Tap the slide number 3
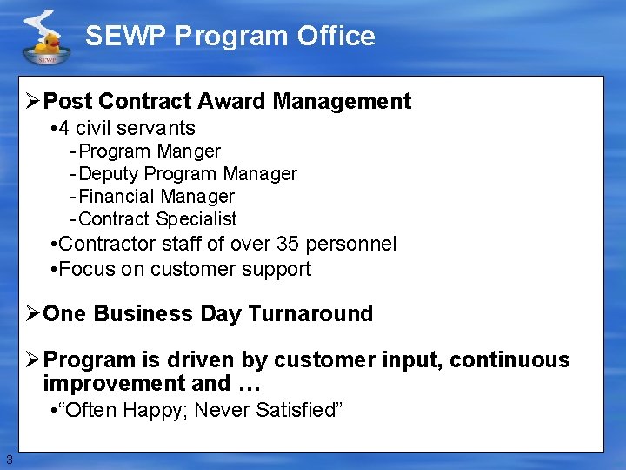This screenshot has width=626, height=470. click(9, 459)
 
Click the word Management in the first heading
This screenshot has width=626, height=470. click(342, 102)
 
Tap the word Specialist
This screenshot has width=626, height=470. click(196, 219)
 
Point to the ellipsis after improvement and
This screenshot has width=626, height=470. click(244, 384)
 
